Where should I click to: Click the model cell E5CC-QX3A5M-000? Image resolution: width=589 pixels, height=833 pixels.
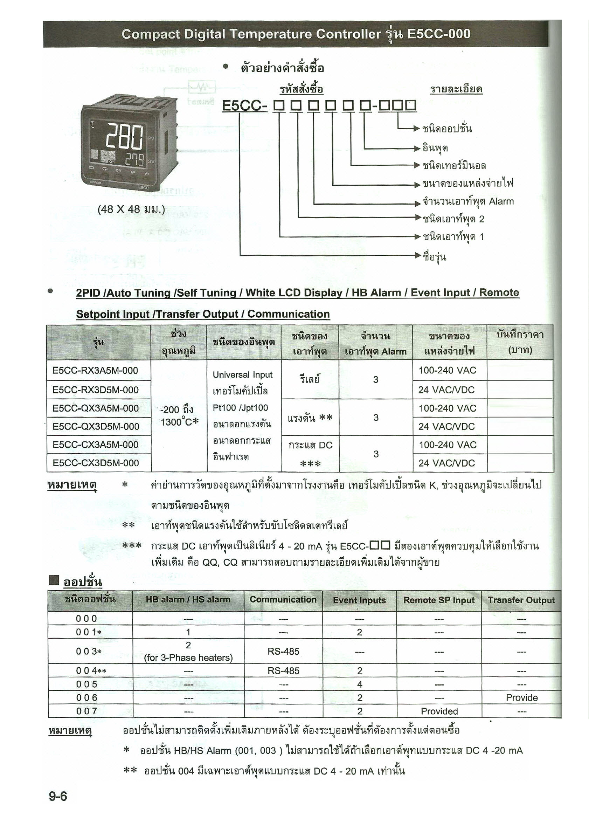point(95,408)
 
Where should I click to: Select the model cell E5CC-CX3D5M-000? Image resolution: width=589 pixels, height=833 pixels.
point(95,463)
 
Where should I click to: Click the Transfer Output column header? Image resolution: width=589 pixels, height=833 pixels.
point(521,600)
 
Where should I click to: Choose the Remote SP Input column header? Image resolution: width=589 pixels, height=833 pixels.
point(439,600)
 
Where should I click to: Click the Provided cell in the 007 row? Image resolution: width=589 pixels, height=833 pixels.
point(439,711)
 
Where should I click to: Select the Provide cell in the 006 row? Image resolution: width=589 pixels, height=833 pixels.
point(521,698)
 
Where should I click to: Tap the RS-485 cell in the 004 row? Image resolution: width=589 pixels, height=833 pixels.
point(283,671)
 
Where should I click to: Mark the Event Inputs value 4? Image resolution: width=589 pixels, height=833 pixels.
point(359,684)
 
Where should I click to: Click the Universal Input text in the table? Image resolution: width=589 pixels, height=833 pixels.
point(242,374)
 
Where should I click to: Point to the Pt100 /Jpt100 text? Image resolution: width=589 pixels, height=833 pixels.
point(240,408)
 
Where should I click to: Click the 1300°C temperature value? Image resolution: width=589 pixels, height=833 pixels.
point(180,422)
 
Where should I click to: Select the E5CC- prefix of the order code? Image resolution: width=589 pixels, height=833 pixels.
point(244,105)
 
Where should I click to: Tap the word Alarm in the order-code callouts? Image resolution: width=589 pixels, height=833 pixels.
point(501,201)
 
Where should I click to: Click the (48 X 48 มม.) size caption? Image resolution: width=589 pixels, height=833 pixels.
point(131,209)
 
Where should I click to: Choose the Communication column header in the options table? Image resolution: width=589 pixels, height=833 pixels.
point(283,599)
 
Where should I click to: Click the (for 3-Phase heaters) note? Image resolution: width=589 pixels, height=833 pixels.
point(188,658)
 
